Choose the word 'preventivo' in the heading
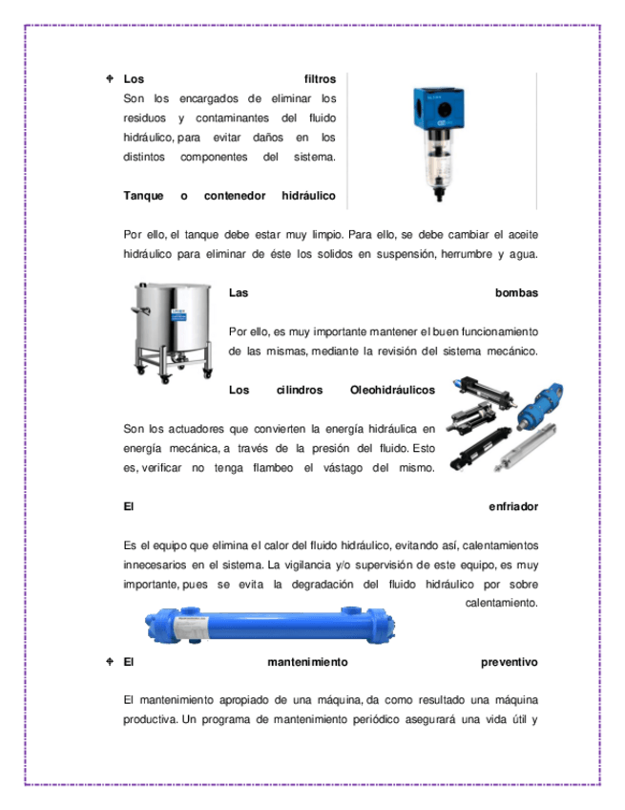click(510, 661)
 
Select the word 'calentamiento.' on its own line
click(503, 603)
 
